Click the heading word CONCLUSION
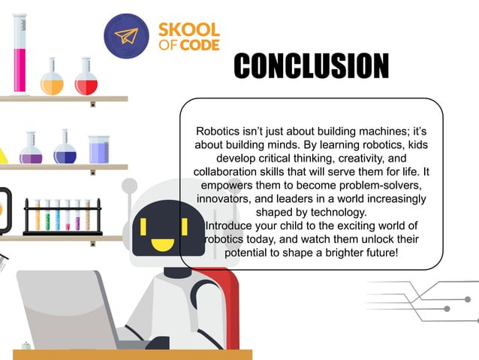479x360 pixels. point(311,65)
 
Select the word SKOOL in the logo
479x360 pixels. point(189,31)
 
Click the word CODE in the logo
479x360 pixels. point(200,47)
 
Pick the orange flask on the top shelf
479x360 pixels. point(52,78)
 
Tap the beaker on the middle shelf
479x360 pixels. point(99,150)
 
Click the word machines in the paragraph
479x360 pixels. point(371,130)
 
